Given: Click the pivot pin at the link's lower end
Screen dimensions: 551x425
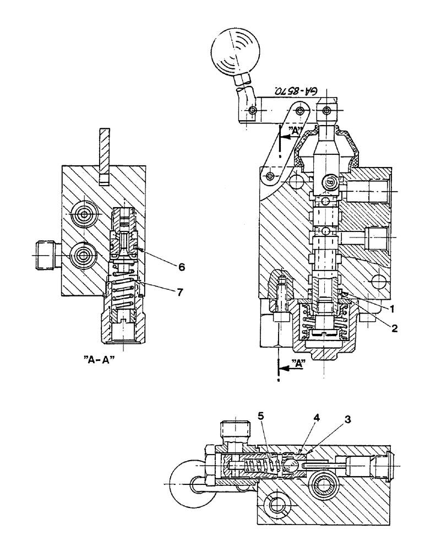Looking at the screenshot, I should (270, 176).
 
